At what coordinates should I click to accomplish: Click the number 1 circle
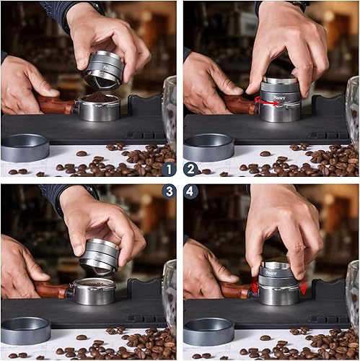tap(169, 170)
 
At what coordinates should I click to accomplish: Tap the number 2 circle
tap(190, 170)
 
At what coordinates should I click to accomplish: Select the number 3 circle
tap(169, 191)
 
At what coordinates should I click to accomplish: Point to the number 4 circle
tap(190, 191)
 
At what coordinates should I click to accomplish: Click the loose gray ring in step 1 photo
tap(25, 147)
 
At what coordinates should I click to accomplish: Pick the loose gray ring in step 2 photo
tap(208, 147)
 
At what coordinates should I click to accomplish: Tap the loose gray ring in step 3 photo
tap(25, 331)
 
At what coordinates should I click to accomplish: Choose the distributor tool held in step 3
tap(100, 253)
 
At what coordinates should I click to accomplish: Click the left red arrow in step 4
tap(254, 288)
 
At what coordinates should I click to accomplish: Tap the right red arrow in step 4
tap(302, 287)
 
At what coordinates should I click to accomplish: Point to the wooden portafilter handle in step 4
tap(237, 290)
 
